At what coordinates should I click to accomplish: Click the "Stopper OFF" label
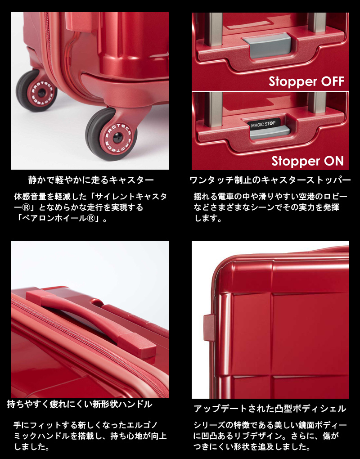point(306,81)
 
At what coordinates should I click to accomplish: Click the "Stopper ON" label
point(307,161)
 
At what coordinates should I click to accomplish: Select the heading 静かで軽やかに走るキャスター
point(90,180)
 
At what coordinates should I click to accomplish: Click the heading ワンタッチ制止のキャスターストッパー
point(270,180)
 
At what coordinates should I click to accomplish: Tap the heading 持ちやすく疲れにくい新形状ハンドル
point(80,404)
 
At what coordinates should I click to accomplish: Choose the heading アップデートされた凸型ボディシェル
point(270,409)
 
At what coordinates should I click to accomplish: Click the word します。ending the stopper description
point(208,219)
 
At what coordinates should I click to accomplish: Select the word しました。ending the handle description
point(31,447)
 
